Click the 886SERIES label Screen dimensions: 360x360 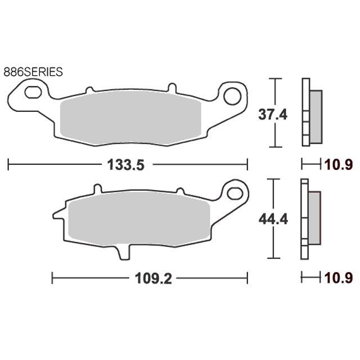tap(33, 72)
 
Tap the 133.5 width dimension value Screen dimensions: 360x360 tap(126, 165)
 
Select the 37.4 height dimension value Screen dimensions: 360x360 tap(272, 115)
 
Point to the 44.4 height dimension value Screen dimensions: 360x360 tap(273, 219)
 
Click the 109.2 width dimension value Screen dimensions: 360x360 tap(154, 278)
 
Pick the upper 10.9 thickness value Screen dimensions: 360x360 tap(338, 165)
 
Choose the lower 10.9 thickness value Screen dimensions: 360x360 tap(338, 278)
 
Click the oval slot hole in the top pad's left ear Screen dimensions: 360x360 tap(33, 92)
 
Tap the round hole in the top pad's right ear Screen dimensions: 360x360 tap(232, 96)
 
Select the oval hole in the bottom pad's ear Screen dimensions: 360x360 tap(235, 193)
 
